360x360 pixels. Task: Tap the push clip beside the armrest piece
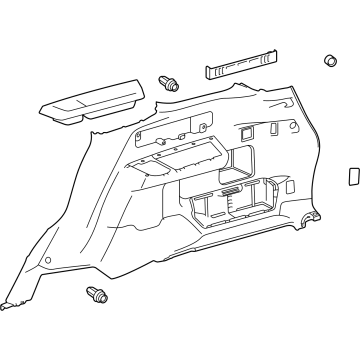tap(167, 83)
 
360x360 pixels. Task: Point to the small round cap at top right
tap(328, 62)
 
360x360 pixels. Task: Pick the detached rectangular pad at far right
tap(353, 174)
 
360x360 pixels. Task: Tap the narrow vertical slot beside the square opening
tap(272, 131)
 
